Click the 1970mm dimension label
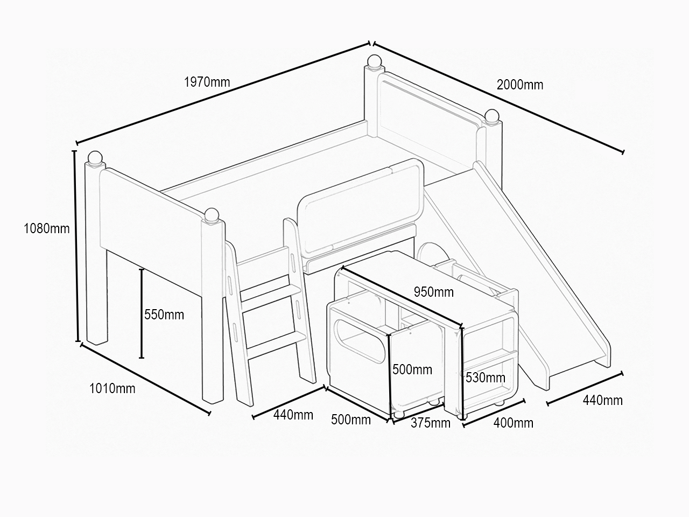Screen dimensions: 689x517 pyautogui.click(x=207, y=82)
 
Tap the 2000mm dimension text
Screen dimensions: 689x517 pyautogui.click(x=520, y=85)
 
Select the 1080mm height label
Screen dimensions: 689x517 pyautogui.click(x=47, y=228)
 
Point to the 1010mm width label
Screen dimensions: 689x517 pyautogui.click(x=113, y=389)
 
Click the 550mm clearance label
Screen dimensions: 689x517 pyautogui.click(x=164, y=315)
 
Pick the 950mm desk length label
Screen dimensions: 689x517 pyautogui.click(x=434, y=292)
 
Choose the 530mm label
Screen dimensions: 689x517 pyautogui.click(x=486, y=378)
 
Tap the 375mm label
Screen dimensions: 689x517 pyautogui.click(x=431, y=423)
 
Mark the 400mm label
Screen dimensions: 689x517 pyautogui.click(x=514, y=423)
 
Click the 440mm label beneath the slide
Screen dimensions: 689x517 pyautogui.click(x=603, y=401)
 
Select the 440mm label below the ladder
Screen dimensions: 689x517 pyautogui.click(x=293, y=415)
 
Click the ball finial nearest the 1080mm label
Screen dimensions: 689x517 pyautogui.click(x=95, y=157)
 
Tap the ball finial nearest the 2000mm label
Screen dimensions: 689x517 pyautogui.click(x=492, y=115)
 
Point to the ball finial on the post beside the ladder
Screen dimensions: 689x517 pyautogui.click(x=212, y=215)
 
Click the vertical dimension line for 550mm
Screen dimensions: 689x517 pyautogui.click(x=142, y=313)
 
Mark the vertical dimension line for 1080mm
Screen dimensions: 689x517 pyautogui.click(x=76, y=246)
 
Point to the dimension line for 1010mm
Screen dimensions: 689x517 pyautogui.click(x=145, y=379)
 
